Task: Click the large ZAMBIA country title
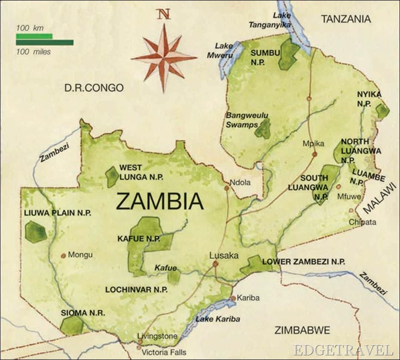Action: click(x=159, y=201)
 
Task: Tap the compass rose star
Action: click(x=164, y=58)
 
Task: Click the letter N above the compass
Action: click(x=163, y=14)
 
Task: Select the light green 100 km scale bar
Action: click(x=34, y=36)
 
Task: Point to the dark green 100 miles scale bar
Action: click(x=44, y=43)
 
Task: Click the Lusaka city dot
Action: click(x=215, y=264)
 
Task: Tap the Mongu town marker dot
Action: click(x=63, y=255)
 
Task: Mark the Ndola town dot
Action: click(x=227, y=188)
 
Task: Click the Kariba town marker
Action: click(x=234, y=298)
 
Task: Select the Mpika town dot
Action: click(x=315, y=153)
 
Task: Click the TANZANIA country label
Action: click(x=346, y=19)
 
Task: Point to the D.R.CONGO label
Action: click(x=94, y=88)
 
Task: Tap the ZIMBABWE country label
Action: click(x=302, y=330)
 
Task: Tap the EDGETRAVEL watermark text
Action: click(x=343, y=349)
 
